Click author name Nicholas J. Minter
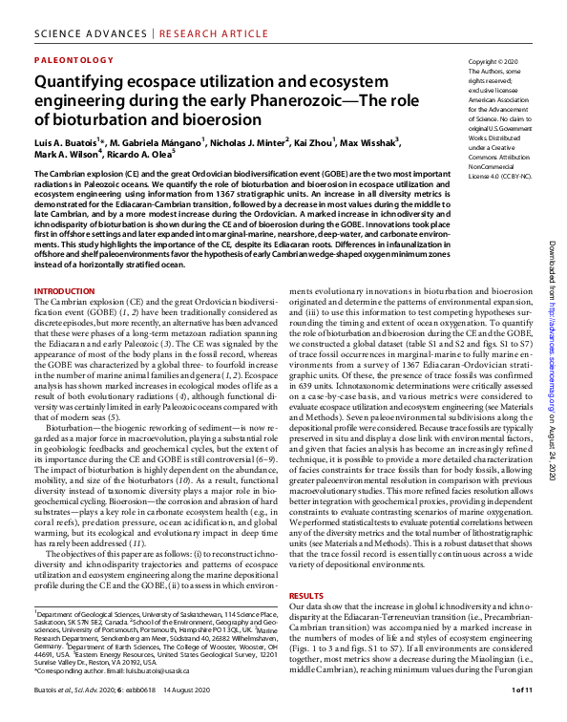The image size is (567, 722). coord(248,139)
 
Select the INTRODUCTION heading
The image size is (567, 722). coord(64,290)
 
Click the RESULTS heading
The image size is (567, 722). coord(306,595)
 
